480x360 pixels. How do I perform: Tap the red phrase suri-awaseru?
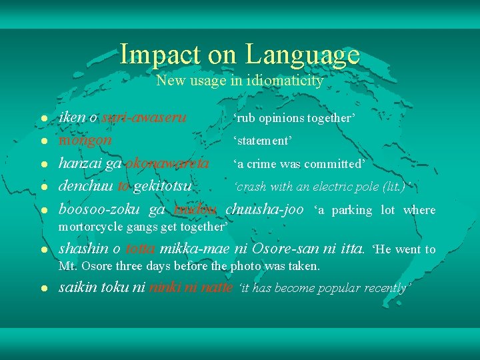click(x=144, y=117)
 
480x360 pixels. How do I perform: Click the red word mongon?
click(x=85, y=141)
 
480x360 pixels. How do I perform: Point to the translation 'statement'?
click(x=263, y=141)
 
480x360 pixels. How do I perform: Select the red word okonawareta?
click(x=167, y=163)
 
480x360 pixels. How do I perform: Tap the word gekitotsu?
click(x=163, y=186)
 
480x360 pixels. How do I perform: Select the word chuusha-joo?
click(x=265, y=209)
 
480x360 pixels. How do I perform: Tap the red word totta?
click(x=140, y=249)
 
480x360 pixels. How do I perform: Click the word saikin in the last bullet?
click(x=78, y=288)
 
